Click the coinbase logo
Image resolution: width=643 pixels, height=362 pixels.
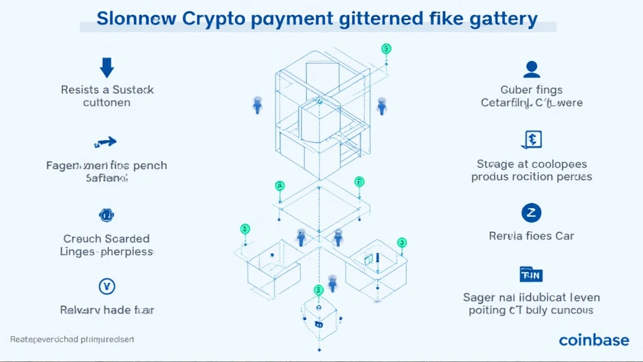pyautogui.click(x=593, y=340)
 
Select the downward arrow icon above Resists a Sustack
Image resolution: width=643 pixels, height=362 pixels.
pyautogui.click(x=107, y=67)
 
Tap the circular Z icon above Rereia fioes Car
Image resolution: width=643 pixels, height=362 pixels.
pyautogui.click(x=531, y=213)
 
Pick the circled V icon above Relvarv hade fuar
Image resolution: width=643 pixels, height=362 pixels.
pyautogui.click(x=107, y=287)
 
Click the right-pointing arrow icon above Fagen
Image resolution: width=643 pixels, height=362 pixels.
pyautogui.click(x=106, y=143)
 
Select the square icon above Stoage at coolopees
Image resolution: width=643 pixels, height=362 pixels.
pyautogui.click(x=531, y=140)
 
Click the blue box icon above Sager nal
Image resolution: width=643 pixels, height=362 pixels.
pyautogui.click(x=531, y=275)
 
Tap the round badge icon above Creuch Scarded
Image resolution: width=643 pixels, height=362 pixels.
pyautogui.click(x=106, y=216)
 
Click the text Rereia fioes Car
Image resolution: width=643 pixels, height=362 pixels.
pyautogui.click(x=531, y=236)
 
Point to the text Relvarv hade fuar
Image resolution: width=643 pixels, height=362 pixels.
pyautogui.click(x=107, y=310)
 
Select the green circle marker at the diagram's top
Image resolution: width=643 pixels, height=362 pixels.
pyautogui.click(x=386, y=48)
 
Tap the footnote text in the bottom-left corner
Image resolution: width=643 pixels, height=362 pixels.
pyautogui.click(x=72, y=339)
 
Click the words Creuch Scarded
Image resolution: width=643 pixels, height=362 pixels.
pyautogui.click(x=107, y=239)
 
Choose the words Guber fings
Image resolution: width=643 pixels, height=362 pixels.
pyautogui.click(x=531, y=90)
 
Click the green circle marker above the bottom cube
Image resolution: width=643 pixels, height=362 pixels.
pyautogui.click(x=318, y=290)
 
